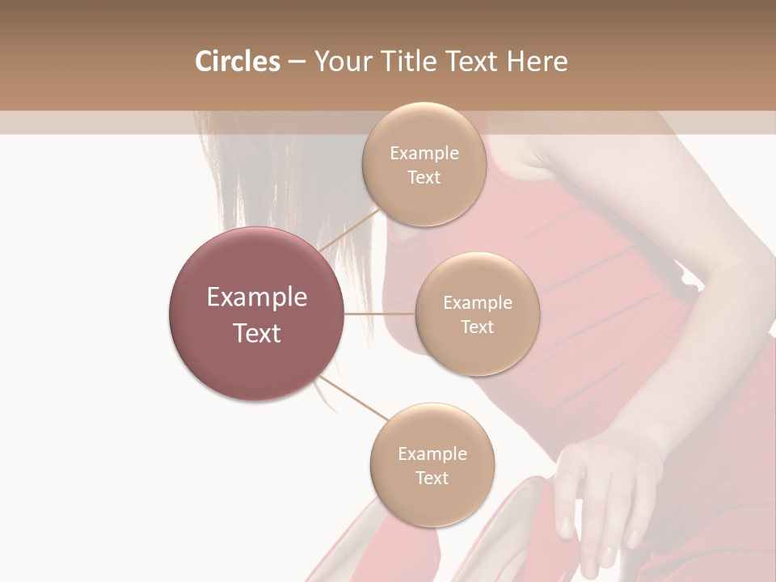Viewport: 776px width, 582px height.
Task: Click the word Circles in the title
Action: (237, 61)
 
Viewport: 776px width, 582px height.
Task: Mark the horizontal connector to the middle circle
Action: (379, 314)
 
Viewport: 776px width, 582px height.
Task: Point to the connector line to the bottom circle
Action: (354, 398)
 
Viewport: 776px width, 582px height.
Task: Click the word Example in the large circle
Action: (256, 297)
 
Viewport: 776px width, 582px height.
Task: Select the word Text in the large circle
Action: (256, 333)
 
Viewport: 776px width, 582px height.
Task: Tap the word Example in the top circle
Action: (424, 154)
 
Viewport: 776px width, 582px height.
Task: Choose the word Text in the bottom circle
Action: (432, 478)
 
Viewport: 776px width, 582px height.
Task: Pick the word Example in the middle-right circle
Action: (477, 303)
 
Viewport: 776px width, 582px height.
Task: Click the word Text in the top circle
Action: (424, 177)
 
